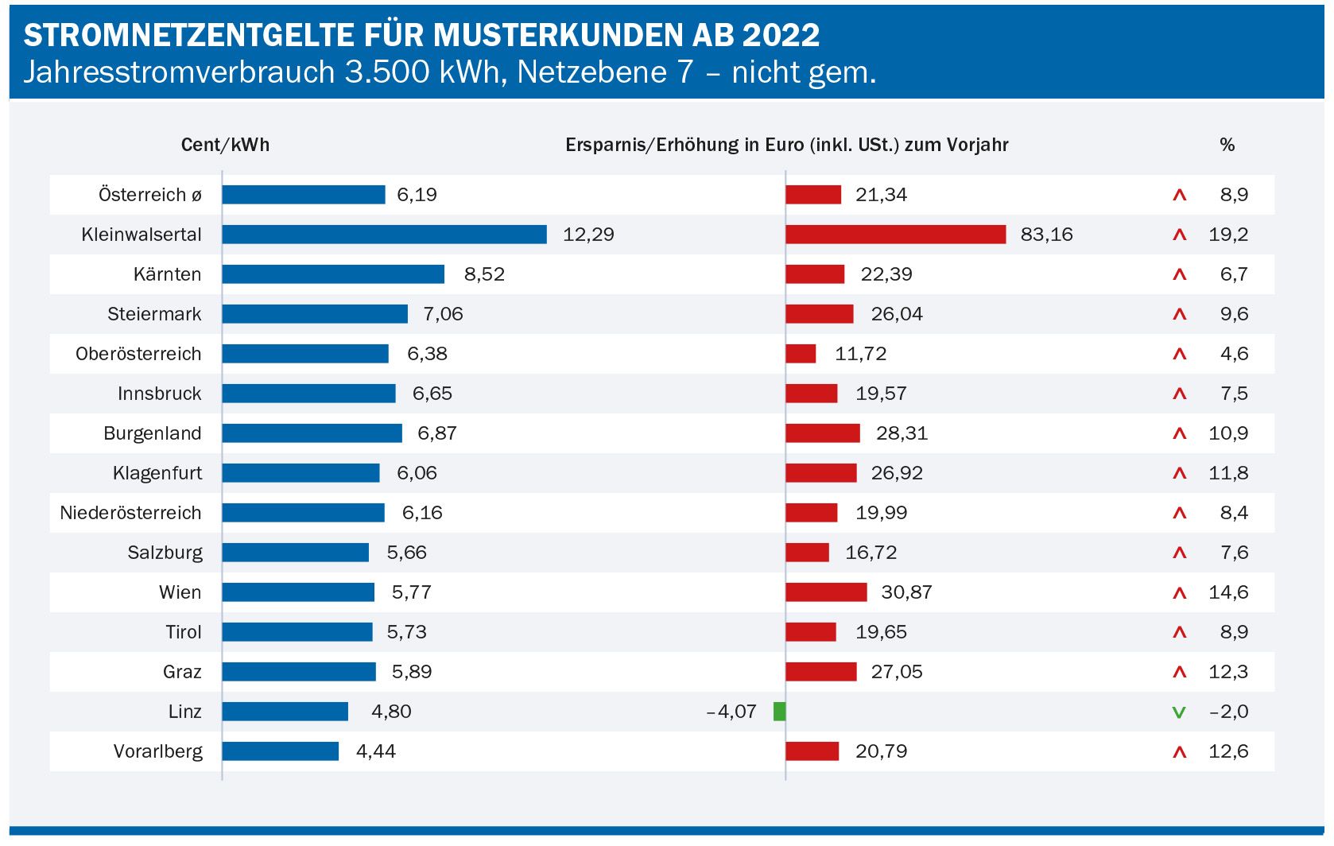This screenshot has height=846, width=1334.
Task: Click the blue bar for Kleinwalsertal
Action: point(384,235)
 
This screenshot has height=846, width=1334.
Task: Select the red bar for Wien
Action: point(826,592)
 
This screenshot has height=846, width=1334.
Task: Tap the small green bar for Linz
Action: point(779,712)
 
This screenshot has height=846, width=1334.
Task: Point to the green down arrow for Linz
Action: point(1179,712)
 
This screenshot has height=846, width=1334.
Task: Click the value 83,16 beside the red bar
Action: point(1046,235)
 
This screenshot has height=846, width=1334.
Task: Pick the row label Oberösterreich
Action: point(138,354)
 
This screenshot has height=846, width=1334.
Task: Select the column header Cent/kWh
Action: point(225,145)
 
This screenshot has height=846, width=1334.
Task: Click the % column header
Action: point(1227,145)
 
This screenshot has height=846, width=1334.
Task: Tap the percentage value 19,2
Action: point(1228,235)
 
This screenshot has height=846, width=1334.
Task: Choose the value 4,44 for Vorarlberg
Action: point(375,751)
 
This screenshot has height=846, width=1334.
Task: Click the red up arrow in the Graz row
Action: point(1179,673)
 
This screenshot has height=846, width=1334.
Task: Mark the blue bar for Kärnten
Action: point(333,274)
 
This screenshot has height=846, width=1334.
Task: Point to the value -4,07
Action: point(731,712)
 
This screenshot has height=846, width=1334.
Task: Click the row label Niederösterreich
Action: point(130,513)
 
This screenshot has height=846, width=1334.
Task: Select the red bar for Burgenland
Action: point(823,433)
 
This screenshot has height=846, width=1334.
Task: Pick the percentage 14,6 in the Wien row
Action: point(1228,592)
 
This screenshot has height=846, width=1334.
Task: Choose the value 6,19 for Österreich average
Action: point(417,195)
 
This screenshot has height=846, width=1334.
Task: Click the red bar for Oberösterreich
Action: point(801,354)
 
